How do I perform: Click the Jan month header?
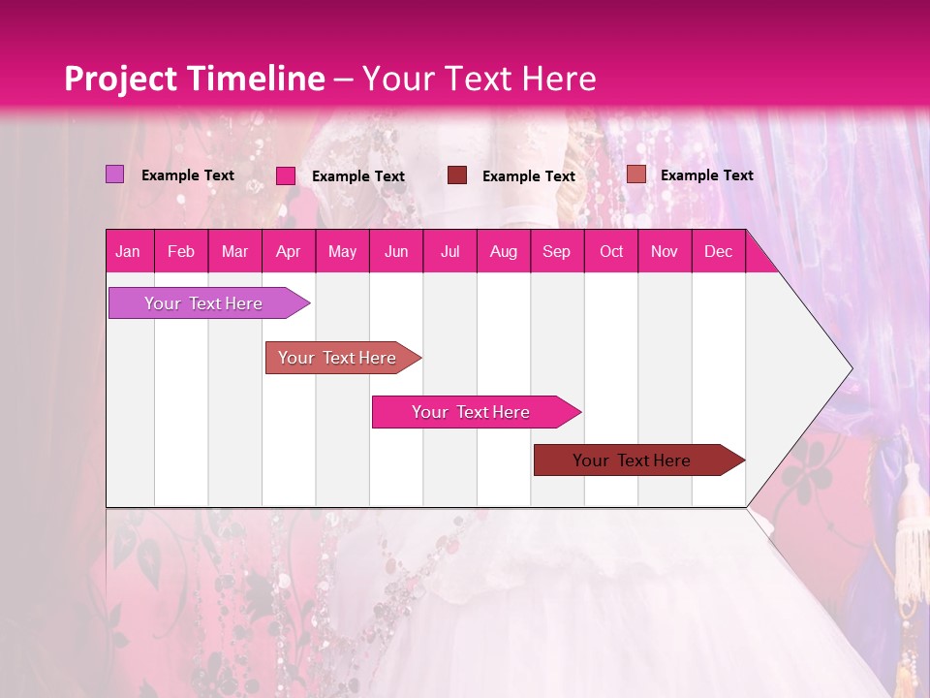tap(128, 251)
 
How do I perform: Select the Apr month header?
tap(288, 251)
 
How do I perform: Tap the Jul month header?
tap(449, 251)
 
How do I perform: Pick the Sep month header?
tap(556, 251)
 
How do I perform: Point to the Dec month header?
tap(718, 251)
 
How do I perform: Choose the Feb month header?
tap(181, 251)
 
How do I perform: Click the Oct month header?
tap(611, 251)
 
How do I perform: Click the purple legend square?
tap(114, 174)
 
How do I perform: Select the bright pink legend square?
tap(286, 175)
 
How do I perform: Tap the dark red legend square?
tap(457, 174)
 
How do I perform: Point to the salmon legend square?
tap(635, 174)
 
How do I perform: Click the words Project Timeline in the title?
tap(194, 79)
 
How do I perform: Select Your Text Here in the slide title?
tap(479, 79)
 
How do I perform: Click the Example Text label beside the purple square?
tap(188, 175)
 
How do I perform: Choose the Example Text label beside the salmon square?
tap(706, 175)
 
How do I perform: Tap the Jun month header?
tap(396, 251)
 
